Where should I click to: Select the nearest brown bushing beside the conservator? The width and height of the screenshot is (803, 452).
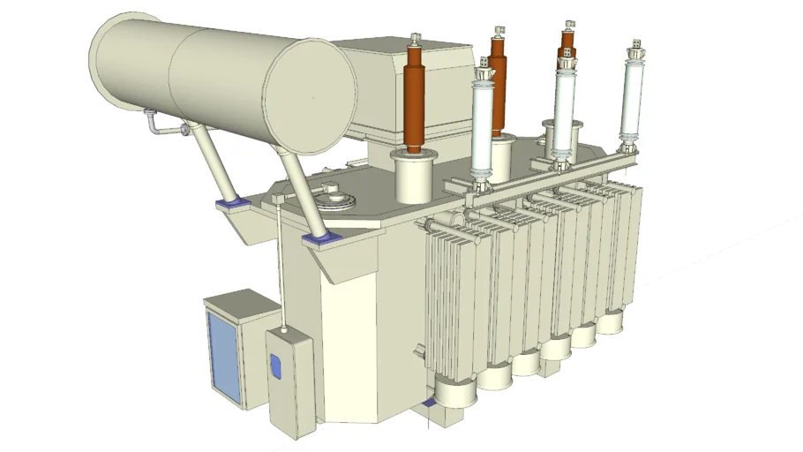[x=414, y=102]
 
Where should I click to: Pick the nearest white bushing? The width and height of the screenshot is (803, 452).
[x=482, y=128]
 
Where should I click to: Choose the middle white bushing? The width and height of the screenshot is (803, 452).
[x=562, y=110]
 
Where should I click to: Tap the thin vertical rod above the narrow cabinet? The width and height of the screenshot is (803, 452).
[x=280, y=265]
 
